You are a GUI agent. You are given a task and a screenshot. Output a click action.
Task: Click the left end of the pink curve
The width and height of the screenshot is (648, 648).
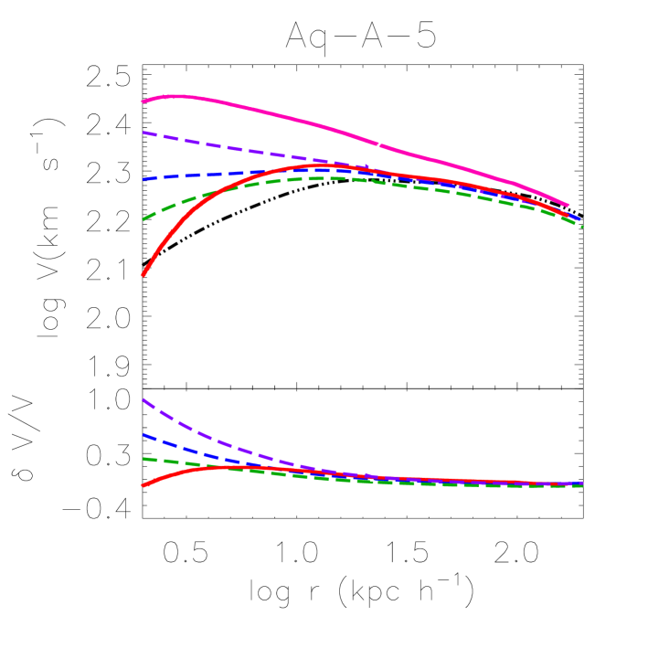pos(143,101)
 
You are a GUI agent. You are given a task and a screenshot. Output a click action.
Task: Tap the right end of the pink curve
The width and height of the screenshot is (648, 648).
pos(568,206)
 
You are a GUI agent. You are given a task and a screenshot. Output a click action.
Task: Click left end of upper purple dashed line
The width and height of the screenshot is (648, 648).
pos(143,133)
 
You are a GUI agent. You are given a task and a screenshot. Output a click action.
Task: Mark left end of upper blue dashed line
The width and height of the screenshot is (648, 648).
pos(143,179)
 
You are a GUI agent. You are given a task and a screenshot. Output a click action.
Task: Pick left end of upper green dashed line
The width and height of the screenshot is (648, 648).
pos(143,219)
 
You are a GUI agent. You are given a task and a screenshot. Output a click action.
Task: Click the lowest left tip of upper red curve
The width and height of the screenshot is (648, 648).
pos(143,274)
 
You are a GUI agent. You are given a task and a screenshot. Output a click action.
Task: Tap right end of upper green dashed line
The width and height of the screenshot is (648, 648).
pos(582,226)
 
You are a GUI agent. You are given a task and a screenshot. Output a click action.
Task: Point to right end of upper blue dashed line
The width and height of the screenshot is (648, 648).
pos(579,220)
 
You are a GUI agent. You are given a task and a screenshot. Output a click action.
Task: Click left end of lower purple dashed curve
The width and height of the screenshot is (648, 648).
pos(143,399)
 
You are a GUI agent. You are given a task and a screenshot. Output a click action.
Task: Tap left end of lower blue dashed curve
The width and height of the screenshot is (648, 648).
pos(143,435)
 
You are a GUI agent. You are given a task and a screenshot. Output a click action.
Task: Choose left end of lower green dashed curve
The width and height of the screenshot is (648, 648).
pos(143,458)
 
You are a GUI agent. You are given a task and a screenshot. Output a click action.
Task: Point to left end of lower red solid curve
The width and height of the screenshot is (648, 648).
pos(143,485)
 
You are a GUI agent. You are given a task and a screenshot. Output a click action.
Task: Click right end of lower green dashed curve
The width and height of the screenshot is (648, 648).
pos(582,485)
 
